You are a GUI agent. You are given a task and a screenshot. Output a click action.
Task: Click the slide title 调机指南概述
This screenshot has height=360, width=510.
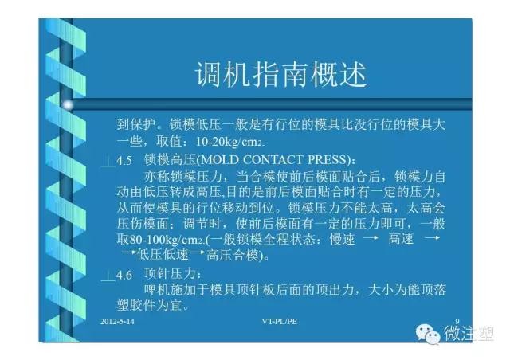coord(280,74)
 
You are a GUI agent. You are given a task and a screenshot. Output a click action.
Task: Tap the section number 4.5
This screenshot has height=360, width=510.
coord(124,161)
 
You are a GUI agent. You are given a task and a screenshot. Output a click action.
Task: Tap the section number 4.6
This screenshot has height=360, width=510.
coord(124,275)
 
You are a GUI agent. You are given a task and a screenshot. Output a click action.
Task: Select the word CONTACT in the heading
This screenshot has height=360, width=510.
coord(272,159)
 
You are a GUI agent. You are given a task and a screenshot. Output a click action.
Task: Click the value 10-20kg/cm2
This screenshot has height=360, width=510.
coord(229,142)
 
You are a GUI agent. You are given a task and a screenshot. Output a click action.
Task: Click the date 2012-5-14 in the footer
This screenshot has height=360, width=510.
coord(117,321)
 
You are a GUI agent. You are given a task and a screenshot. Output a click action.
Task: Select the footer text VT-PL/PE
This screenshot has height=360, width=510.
coord(280,321)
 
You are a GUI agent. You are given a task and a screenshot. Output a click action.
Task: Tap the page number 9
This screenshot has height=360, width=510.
coord(457,321)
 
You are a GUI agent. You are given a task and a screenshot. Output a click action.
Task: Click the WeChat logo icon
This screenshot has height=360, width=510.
coord(427,334)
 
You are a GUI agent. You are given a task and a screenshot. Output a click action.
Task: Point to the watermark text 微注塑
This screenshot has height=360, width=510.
coord(469,334)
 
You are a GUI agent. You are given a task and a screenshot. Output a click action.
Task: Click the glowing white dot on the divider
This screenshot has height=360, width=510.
coord(68,104)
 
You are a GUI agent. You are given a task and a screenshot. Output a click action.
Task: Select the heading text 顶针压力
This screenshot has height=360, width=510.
coord(170,274)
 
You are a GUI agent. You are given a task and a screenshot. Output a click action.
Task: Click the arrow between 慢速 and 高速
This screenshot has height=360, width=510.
coord(371,238)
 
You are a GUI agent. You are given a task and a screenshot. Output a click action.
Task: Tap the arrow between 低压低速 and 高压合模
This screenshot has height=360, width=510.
coord(198,252)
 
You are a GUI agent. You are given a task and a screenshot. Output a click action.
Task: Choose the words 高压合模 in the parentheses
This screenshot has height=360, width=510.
coord(233,256)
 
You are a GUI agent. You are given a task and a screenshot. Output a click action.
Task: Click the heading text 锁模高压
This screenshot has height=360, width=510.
coord(170,159)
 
